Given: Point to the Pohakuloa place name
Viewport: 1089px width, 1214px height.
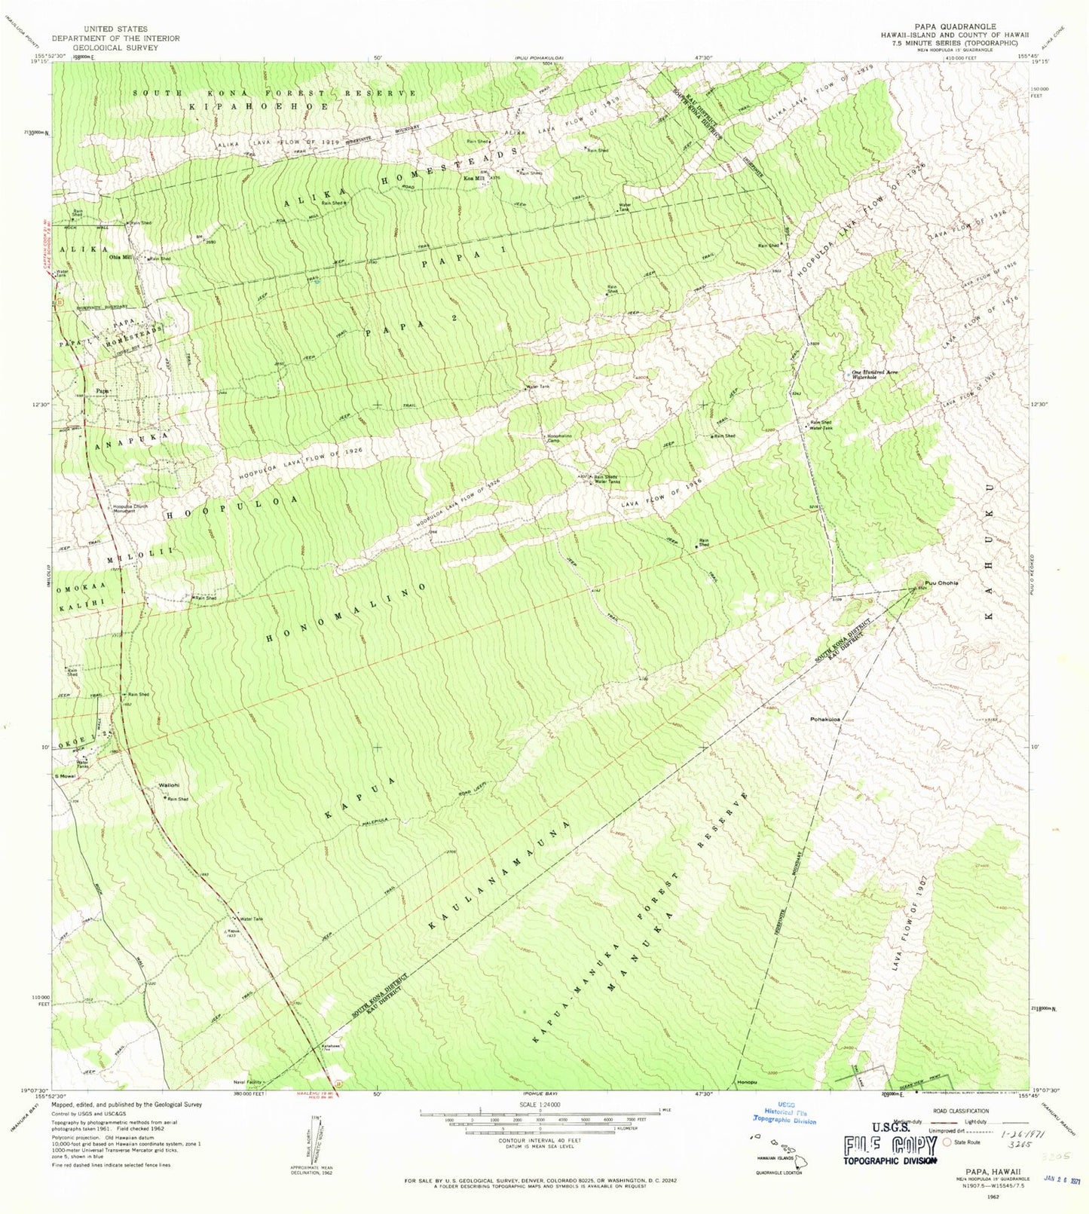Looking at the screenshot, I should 825,719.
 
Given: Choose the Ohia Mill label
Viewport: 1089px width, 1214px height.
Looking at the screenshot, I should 121,257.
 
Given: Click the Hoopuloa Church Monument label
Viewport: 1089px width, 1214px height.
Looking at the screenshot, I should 130,508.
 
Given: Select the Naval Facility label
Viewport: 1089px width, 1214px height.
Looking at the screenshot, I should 247,1083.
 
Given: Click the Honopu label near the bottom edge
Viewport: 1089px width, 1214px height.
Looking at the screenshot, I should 747,1083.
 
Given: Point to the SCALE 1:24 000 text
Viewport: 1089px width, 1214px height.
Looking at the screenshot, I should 540,1104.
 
